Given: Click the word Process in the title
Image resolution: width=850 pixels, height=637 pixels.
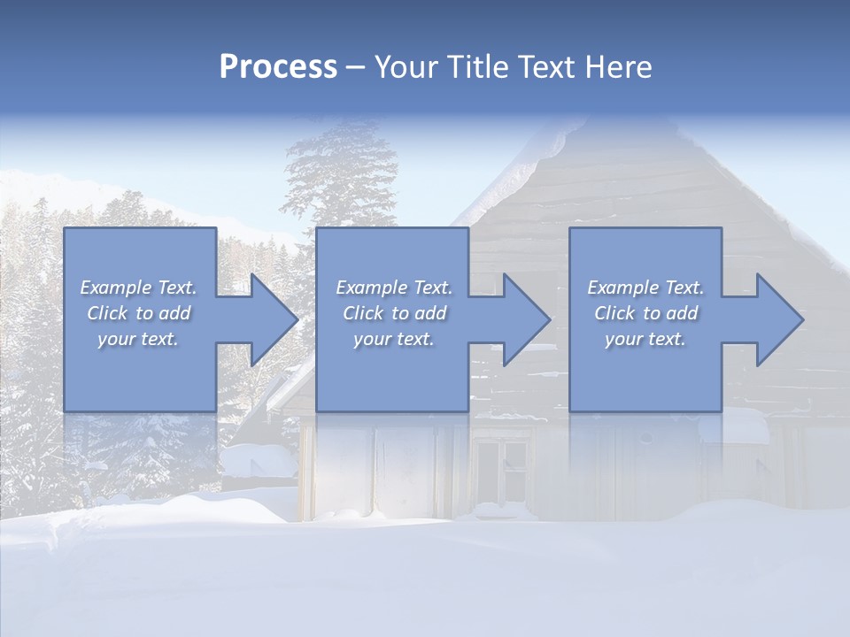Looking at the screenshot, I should coord(278,67).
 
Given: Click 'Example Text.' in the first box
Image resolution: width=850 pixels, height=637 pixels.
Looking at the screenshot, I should coord(139,288).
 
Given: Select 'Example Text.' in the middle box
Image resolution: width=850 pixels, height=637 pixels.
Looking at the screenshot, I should coord(394,288).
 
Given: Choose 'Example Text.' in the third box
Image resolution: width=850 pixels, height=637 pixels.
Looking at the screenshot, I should coord(645,288).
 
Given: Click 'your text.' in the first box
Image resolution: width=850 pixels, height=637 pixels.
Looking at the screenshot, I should coord(138,339).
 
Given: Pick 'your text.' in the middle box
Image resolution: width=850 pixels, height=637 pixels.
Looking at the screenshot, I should coord(394,339).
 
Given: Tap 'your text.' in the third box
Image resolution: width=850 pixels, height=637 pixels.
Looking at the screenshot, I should coord(645,339).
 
